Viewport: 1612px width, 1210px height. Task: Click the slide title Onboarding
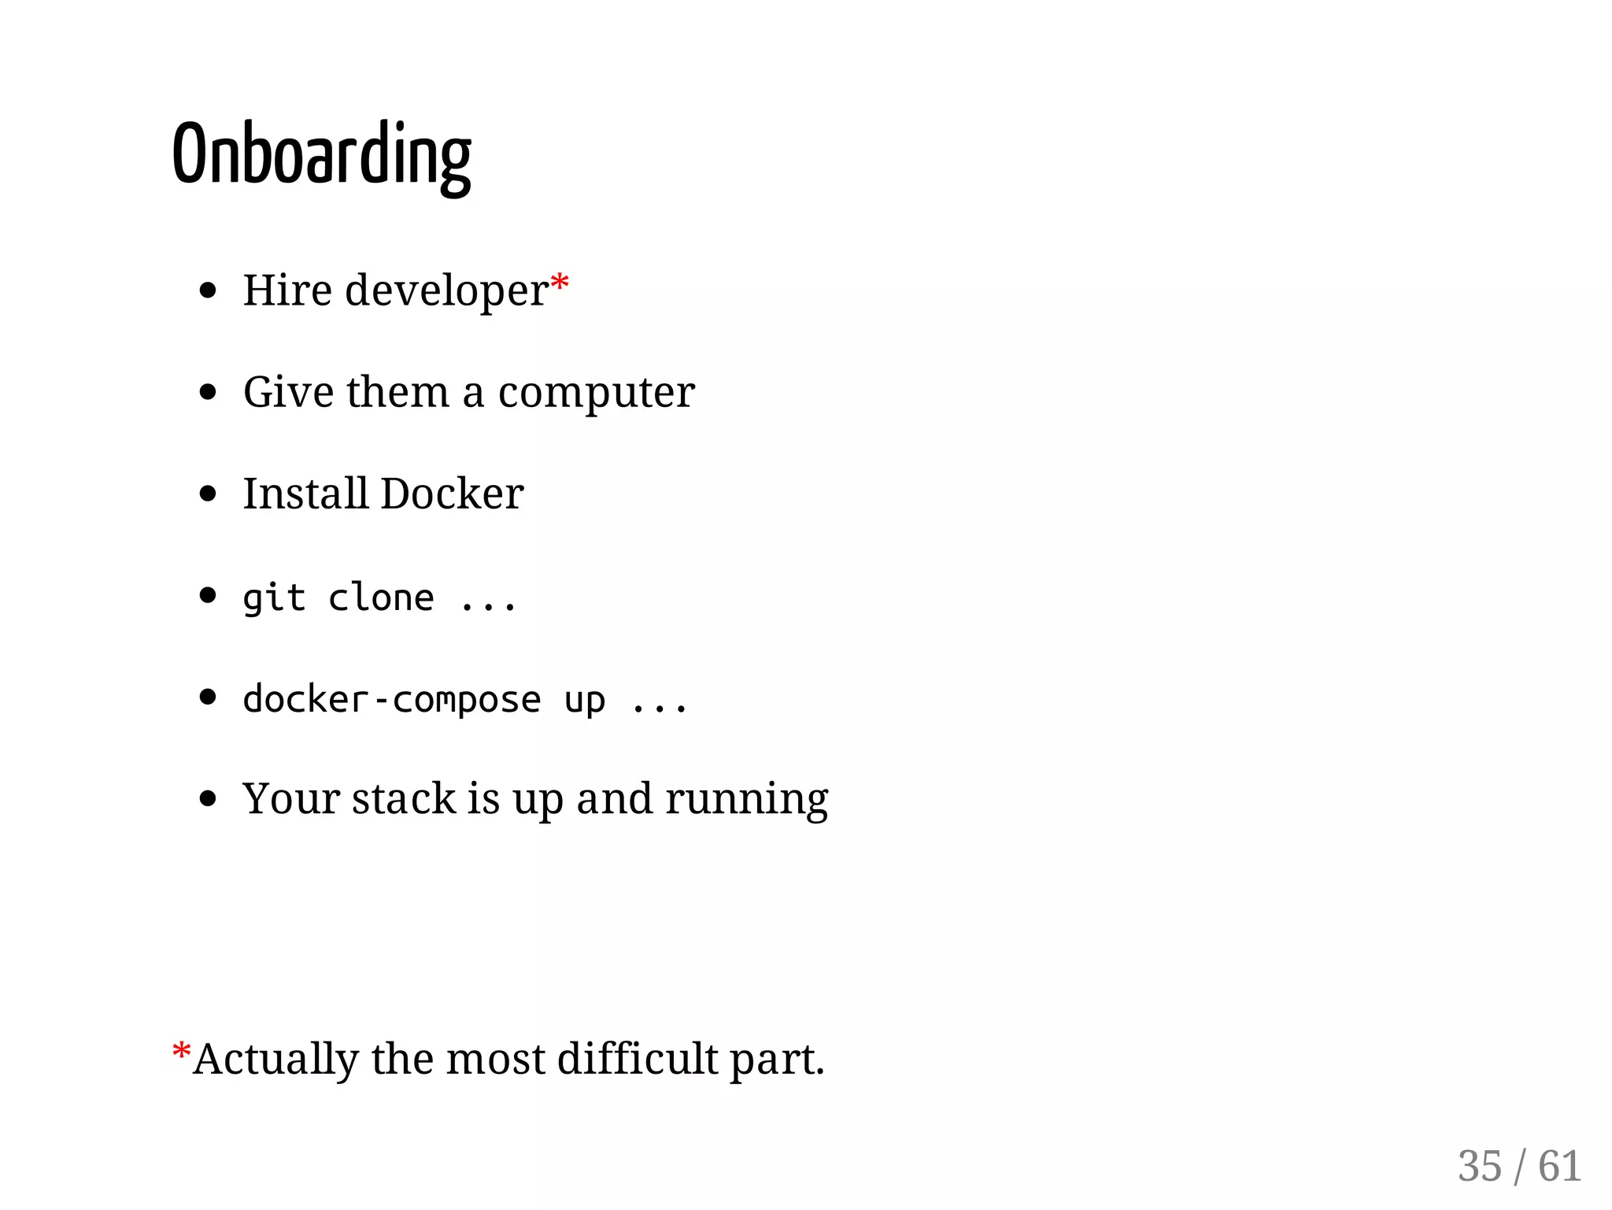pyautogui.click(x=321, y=155)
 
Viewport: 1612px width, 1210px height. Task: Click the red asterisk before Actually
pyautogui.click(x=181, y=1051)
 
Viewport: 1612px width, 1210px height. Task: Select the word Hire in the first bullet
pyautogui.click(x=287, y=290)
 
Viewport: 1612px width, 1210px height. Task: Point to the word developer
pyautogui.click(x=446, y=291)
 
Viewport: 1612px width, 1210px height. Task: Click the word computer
pyautogui.click(x=596, y=393)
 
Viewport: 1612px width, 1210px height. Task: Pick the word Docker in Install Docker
pyautogui.click(x=452, y=494)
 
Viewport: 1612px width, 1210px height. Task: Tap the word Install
pyautogui.click(x=305, y=494)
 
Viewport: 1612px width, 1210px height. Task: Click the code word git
pyautogui.click(x=273, y=598)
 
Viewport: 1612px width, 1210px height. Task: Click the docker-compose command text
pyautogui.click(x=392, y=699)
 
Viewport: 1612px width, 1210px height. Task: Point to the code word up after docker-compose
pyautogui.click(x=584, y=701)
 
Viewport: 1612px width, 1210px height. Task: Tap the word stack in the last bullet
pyautogui.click(x=403, y=798)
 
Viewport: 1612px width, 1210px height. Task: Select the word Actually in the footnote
pyautogui.click(x=276, y=1059)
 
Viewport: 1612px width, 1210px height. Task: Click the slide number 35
pyautogui.click(x=1479, y=1166)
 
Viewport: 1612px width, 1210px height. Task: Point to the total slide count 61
pyautogui.click(x=1559, y=1166)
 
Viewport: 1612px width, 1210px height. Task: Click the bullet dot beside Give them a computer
pyautogui.click(x=208, y=392)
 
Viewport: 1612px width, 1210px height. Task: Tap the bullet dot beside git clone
pyautogui.click(x=208, y=595)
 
